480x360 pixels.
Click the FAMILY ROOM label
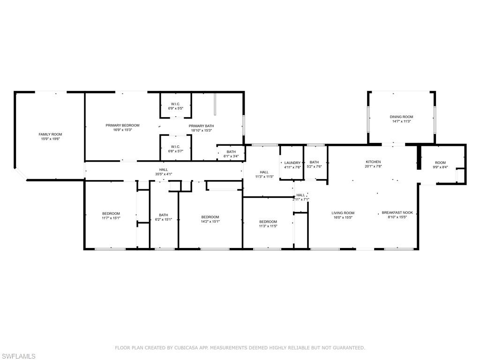click(x=50, y=134)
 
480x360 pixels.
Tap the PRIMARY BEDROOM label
click(x=122, y=125)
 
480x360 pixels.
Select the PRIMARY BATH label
click(x=201, y=126)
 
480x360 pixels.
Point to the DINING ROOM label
click(x=401, y=117)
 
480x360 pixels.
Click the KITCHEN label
click(x=373, y=162)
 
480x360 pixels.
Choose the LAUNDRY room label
click(x=292, y=163)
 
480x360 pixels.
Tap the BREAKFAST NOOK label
click(x=397, y=212)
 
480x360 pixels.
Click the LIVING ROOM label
click(x=343, y=213)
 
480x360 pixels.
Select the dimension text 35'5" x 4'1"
click(x=163, y=174)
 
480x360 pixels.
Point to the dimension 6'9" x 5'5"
click(x=176, y=108)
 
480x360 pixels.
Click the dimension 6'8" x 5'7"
click(x=176, y=151)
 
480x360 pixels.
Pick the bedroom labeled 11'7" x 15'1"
click(x=111, y=216)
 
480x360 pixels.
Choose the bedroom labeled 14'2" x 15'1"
click(x=210, y=219)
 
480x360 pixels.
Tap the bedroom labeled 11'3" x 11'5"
click(x=268, y=224)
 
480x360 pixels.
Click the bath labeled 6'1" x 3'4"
click(x=231, y=154)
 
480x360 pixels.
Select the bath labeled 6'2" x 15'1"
click(x=163, y=217)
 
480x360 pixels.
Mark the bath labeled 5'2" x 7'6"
click(x=314, y=164)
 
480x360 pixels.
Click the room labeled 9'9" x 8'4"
click(x=440, y=165)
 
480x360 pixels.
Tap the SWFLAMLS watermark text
click(x=18, y=356)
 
